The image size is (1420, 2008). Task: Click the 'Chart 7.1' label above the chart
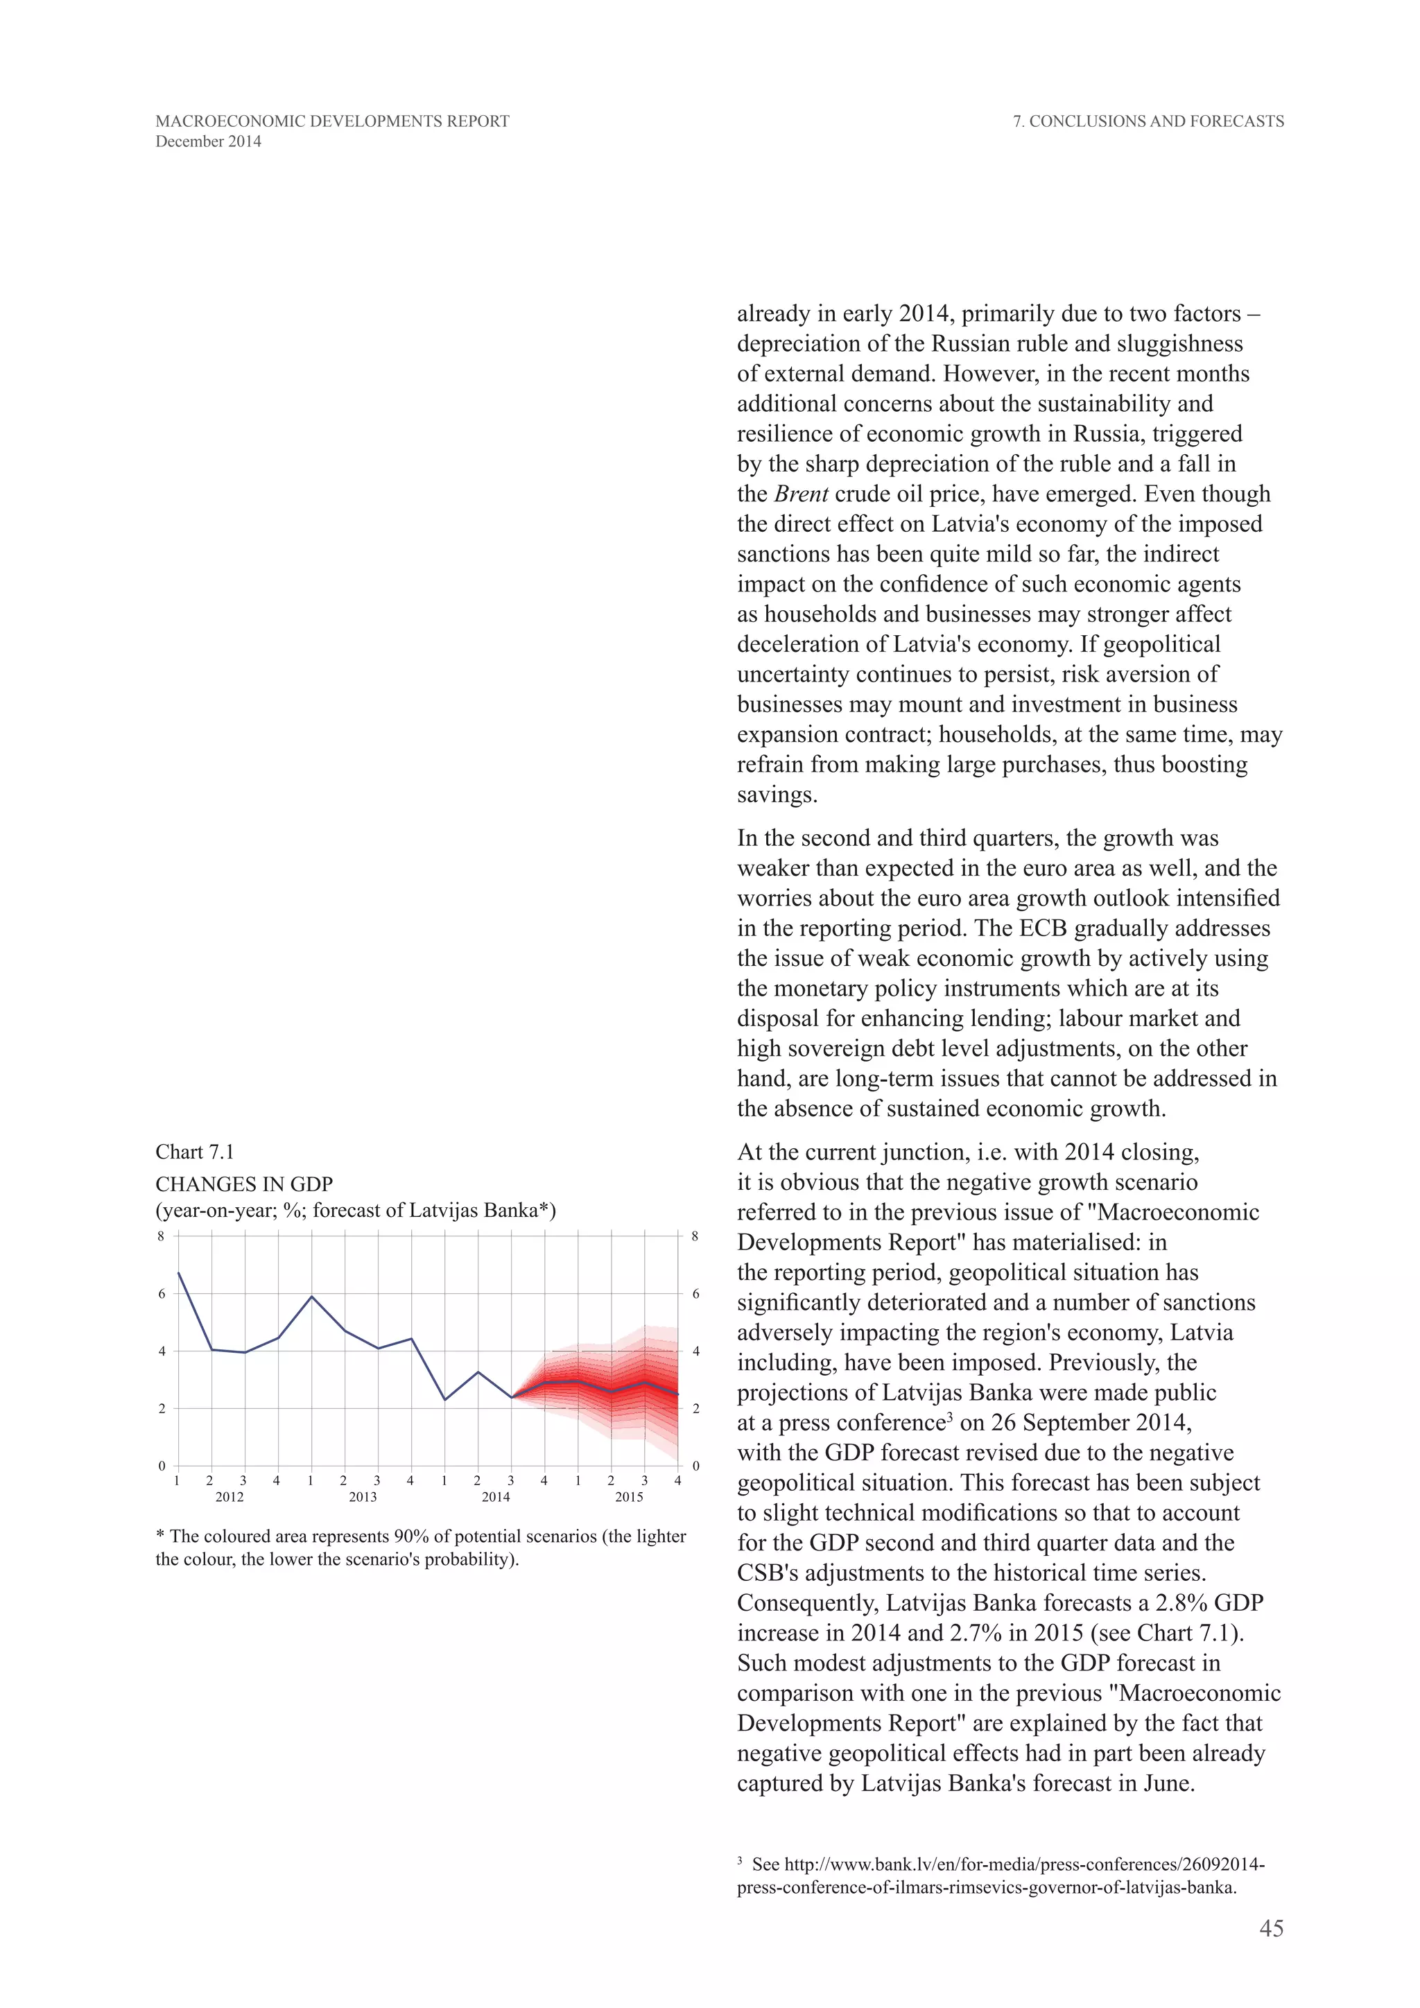point(195,1152)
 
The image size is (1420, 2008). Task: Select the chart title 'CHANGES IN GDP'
point(244,1184)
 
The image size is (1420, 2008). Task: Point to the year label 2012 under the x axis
point(229,1497)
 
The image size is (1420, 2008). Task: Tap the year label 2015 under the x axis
point(629,1497)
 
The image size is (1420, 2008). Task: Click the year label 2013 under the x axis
point(363,1497)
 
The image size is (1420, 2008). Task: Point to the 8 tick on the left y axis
point(161,1236)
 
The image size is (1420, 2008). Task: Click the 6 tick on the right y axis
point(696,1293)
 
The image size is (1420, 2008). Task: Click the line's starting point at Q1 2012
point(178,1273)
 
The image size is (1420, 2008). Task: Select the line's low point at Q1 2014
point(445,1399)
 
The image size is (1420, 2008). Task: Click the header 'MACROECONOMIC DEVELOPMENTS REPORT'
point(332,121)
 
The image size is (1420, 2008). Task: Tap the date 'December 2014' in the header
point(208,141)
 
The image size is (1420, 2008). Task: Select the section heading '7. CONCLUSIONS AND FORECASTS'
point(1148,121)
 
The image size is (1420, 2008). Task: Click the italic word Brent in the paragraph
point(801,494)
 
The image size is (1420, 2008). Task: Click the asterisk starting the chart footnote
point(160,1536)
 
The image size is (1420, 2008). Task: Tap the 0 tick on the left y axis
point(161,1466)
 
